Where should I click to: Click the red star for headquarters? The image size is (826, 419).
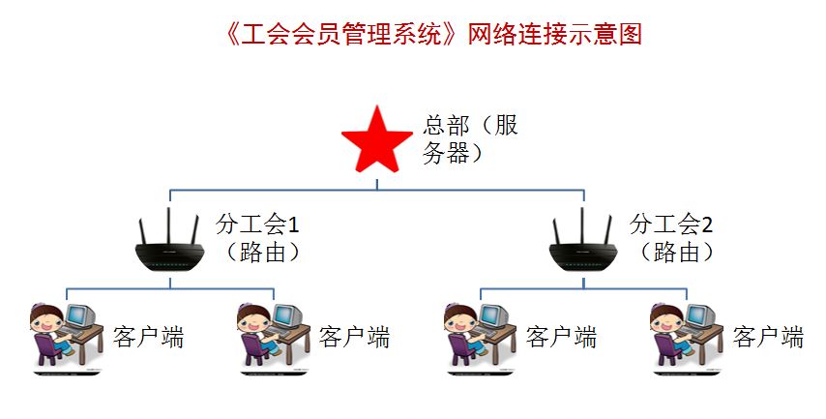tap(378, 143)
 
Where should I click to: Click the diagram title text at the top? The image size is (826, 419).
tap(430, 35)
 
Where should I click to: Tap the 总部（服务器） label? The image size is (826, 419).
tap(471, 140)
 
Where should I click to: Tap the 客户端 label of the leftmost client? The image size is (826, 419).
tap(148, 337)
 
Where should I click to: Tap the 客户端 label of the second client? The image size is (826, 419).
tap(354, 337)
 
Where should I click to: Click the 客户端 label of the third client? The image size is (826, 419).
tap(561, 337)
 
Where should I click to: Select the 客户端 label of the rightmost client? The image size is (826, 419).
tap(768, 337)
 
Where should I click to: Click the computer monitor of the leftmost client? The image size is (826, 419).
tap(81, 316)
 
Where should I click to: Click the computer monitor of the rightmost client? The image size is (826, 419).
tap(701, 316)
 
